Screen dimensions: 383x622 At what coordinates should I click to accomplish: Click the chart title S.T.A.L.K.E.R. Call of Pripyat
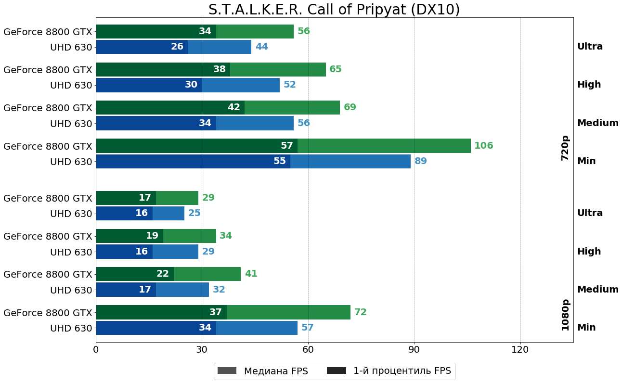click(334, 10)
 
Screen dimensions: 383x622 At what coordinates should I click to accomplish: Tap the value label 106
click(483, 146)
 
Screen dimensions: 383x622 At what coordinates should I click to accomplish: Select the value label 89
click(420, 161)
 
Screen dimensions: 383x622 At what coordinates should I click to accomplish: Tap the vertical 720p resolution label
click(565, 148)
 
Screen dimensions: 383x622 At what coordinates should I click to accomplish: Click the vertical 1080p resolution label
click(565, 315)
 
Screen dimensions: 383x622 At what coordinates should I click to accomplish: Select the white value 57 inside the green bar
click(286, 146)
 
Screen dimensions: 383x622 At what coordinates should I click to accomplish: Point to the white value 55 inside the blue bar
click(279, 161)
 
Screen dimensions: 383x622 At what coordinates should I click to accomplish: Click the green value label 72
click(360, 312)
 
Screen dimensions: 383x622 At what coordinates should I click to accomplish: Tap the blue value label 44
click(261, 47)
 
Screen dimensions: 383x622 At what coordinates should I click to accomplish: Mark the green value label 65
click(335, 69)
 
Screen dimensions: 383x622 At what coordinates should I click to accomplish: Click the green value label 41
click(251, 274)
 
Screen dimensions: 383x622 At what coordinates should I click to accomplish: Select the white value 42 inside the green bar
click(233, 107)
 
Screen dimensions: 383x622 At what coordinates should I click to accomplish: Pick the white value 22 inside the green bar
click(162, 274)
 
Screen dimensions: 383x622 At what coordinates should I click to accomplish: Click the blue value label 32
click(219, 290)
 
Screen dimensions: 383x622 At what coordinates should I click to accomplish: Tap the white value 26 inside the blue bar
click(177, 47)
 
